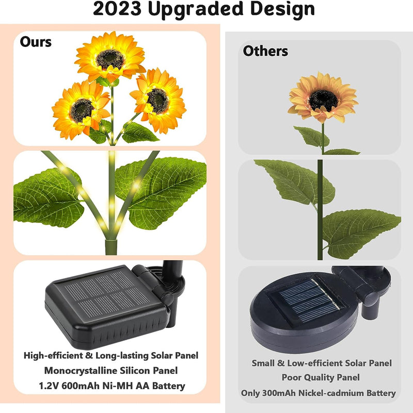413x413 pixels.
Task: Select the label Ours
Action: [x=36, y=42]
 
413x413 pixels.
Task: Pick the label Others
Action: [x=265, y=51]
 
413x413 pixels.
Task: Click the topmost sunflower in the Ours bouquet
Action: [x=110, y=58]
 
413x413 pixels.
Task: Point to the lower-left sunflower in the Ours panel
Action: [x=81, y=108]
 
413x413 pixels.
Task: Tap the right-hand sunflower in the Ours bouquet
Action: [x=157, y=100]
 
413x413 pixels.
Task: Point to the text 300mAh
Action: [x=282, y=393]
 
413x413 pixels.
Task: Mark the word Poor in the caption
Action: [x=292, y=378]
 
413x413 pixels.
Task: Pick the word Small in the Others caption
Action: [x=263, y=363]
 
